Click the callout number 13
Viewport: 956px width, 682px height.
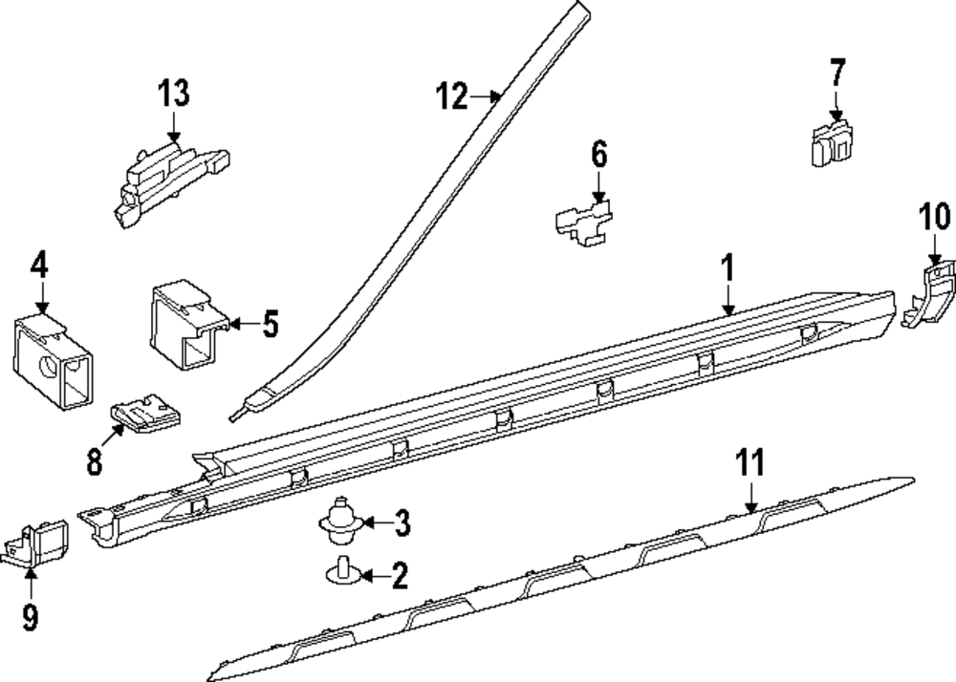pyautogui.click(x=174, y=94)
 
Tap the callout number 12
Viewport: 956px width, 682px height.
pyautogui.click(x=452, y=96)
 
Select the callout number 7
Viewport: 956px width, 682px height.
pyautogui.click(x=837, y=73)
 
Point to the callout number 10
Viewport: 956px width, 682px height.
pyautogui.click(x=935, y=217)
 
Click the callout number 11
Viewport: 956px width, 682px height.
pyautogui.click(x=750, y=462)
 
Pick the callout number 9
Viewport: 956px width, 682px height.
pyautogui.click(x=31, y=617)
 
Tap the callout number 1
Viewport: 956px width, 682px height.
pyautogui.click(x=728, y=268)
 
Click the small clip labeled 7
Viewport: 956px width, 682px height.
pyautogui.click(x=832, y=143)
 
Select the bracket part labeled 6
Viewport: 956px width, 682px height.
pyautogui.click(x=584, y=223)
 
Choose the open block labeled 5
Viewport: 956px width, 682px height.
pyautogui.click(x=189, y=325)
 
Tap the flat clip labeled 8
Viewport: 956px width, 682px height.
pyautogui.click(x=145, y=414)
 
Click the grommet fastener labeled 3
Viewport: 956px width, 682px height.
pyautogui.click(x=342, y=522)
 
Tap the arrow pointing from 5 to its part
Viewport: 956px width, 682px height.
pyautogui.click(x=245, y=324)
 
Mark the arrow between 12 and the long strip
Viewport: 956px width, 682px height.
pyautogui.click(x=486, y=96)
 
